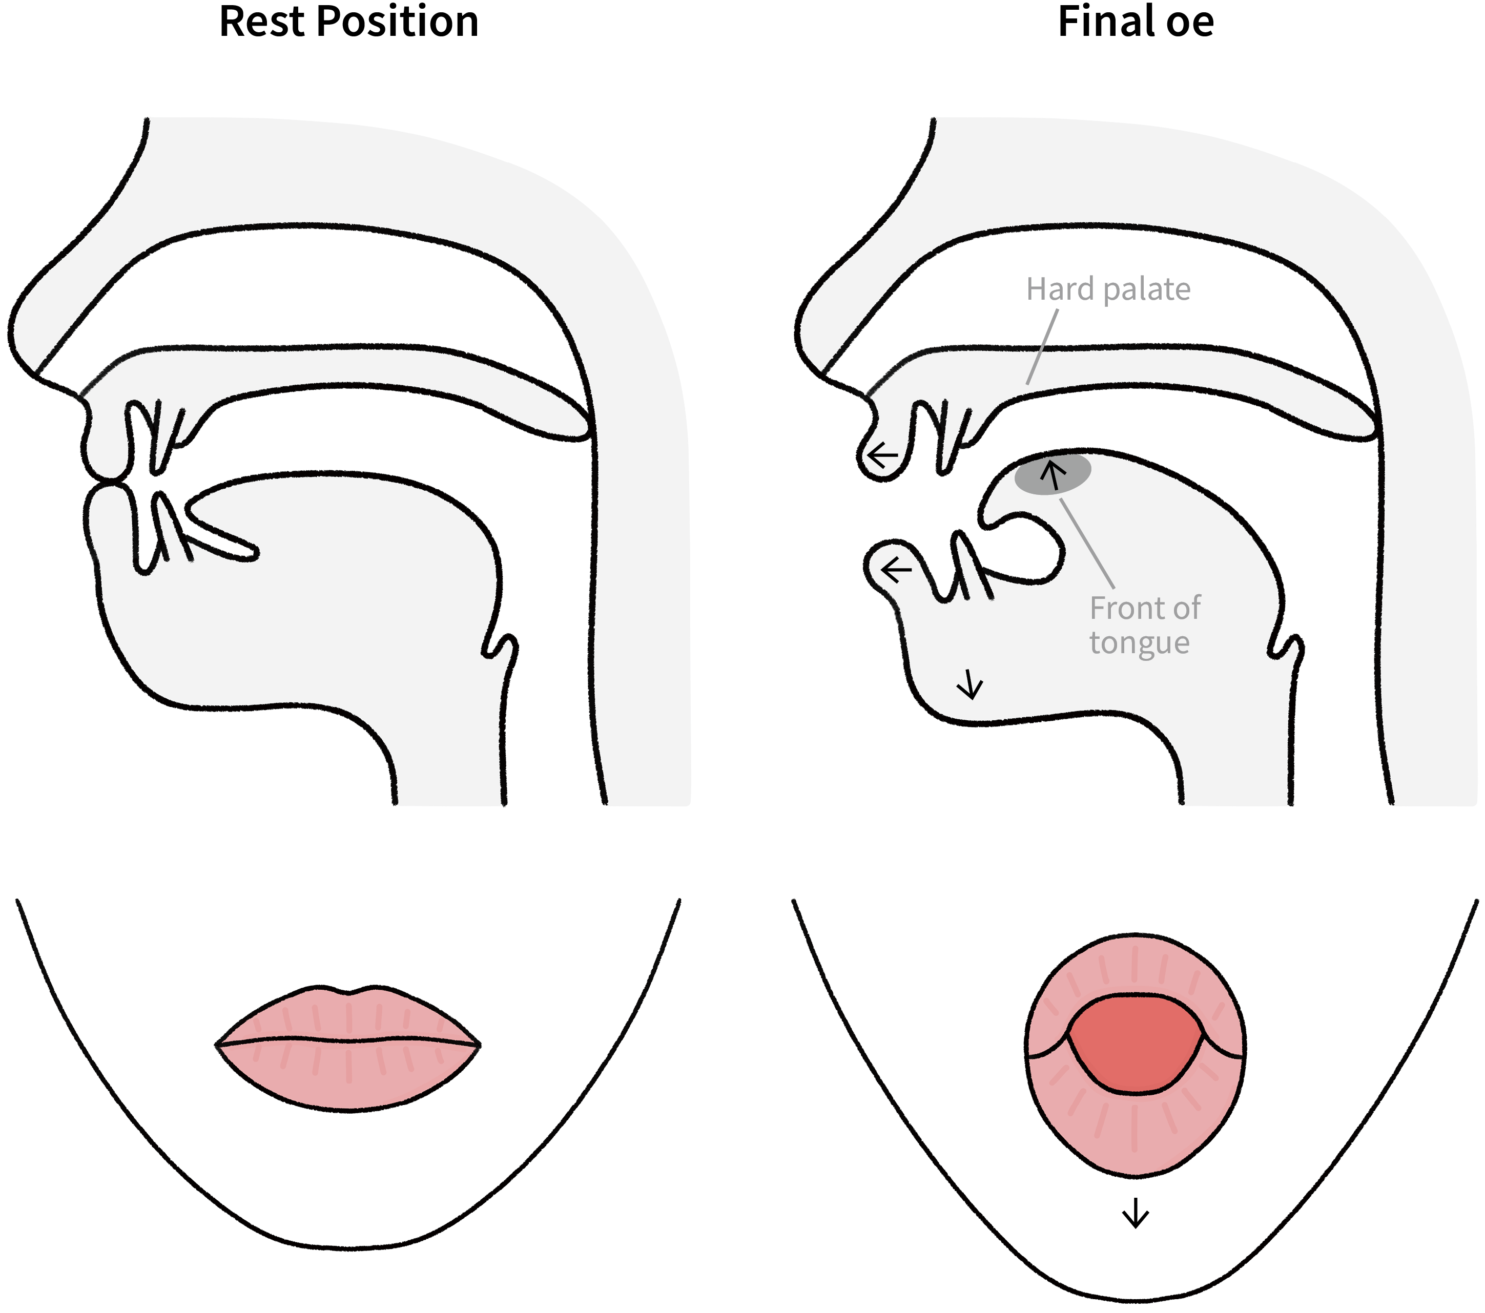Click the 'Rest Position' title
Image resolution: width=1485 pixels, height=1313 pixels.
point(349,22)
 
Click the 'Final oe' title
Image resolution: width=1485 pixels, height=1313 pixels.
point(1136,22)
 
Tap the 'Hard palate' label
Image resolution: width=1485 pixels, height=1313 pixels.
point(1108,289)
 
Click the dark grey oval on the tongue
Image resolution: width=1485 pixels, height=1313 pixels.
point(1053,473)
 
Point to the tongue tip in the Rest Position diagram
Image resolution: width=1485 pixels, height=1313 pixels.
point(247,552)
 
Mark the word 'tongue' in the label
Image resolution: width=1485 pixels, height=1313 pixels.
point(1139,643)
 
